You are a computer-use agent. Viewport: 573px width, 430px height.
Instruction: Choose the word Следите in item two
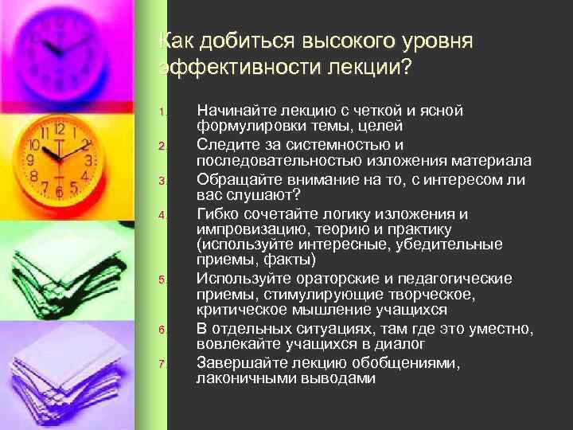pyautogui.click(x=225, y=145)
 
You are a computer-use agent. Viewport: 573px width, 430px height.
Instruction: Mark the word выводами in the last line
pyautogui.click(x=339, y=378)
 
